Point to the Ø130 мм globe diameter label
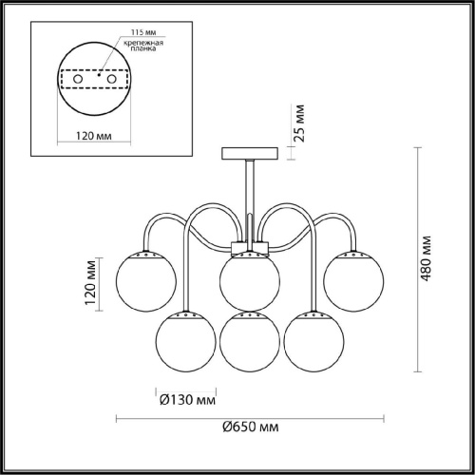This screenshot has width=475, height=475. [x=184, y=400]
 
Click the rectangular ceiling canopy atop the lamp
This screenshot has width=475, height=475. [x=249, y=152]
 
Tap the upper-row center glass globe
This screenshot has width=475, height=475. [x=249, y=279]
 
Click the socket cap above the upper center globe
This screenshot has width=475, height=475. [x=249, y=251]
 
